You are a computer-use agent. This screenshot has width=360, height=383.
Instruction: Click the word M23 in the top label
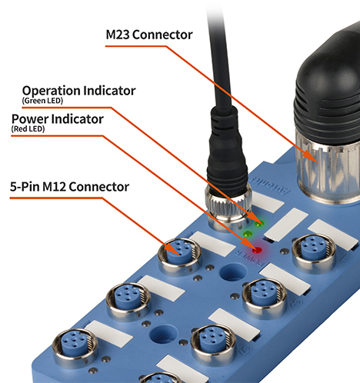click(118, 35)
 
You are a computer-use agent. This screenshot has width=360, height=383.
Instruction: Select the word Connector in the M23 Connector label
click(162, 35)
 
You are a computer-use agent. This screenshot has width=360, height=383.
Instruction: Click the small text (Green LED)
click(42, 101)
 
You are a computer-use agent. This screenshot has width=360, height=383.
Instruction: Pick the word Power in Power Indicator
click(30, 119)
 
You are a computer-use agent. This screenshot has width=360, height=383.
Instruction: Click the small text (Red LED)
click(28, 128)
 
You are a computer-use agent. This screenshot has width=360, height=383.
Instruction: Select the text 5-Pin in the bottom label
click(25, 186)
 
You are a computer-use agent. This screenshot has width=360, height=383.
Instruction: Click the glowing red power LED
click(257, 250)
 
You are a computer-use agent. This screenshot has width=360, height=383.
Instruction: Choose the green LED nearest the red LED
click(247, 234)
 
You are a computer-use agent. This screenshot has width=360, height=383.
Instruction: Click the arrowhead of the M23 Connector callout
click(311, 156)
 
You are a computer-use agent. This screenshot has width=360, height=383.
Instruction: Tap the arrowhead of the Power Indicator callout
click(247, 243)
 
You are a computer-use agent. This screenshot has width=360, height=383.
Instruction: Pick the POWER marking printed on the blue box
click(249, 258)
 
